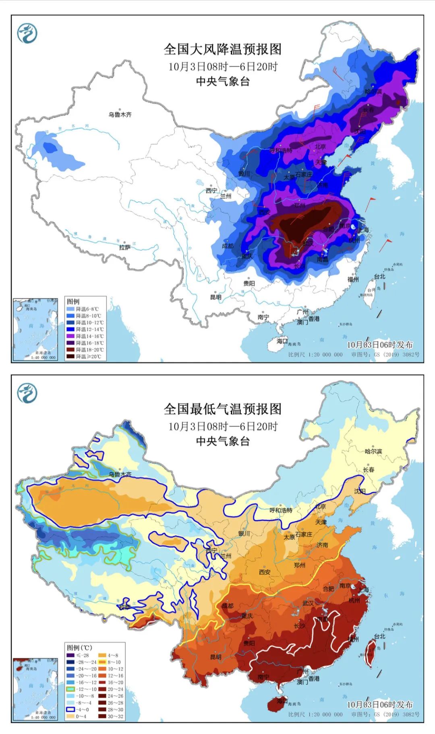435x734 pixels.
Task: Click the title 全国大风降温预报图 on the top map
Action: point(222,49)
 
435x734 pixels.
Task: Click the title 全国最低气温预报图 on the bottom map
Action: point(222,409)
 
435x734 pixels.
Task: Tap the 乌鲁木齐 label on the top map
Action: point(120,115)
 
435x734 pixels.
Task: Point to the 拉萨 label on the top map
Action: point(125,247)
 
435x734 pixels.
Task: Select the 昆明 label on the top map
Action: point(215,297)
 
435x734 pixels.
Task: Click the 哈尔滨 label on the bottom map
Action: point(373,451)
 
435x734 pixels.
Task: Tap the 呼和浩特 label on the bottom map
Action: point(281,510)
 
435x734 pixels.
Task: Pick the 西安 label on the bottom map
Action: point(265,572)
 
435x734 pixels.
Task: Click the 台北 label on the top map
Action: point(379,276)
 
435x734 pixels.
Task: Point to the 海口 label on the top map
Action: point(282,341)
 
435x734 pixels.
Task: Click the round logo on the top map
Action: point(27,33)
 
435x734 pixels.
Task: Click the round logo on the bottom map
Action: point(27,393)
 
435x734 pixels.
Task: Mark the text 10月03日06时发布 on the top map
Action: point(379,345)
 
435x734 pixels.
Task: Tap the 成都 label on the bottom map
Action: point(228,606)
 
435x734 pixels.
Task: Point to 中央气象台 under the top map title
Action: point(222,82)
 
